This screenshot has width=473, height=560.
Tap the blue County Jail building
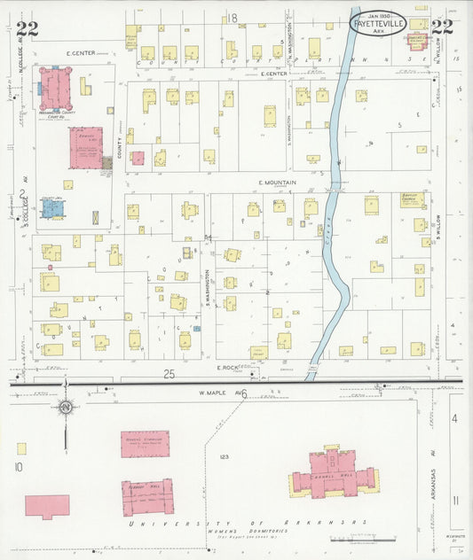53,208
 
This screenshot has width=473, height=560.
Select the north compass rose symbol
65,408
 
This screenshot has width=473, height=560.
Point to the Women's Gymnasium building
145,443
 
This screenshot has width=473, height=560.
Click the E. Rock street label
230,365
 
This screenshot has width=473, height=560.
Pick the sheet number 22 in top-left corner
27,27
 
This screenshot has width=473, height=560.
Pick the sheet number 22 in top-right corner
442,27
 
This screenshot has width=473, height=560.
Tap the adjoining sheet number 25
169,375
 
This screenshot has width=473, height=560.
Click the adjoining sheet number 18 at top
234,18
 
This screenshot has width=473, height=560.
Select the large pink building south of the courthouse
86,148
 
